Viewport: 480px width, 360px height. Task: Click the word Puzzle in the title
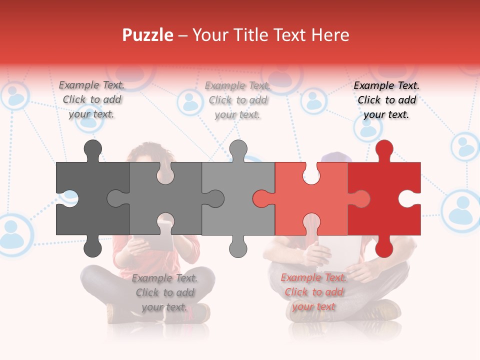click(148, 35)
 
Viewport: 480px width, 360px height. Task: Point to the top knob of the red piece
click(384, 148)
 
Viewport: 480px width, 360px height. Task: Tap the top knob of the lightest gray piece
click(238, 148)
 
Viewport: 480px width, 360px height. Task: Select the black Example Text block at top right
click(386, 100)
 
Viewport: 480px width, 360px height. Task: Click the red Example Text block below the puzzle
click(313, 292)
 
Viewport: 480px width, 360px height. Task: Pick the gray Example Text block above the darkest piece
click(91, 99)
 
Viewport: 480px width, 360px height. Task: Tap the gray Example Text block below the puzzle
click(164, 292)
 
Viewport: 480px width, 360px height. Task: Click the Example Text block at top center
click(238, 100)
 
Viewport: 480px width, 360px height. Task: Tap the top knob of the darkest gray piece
click(92, 148)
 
